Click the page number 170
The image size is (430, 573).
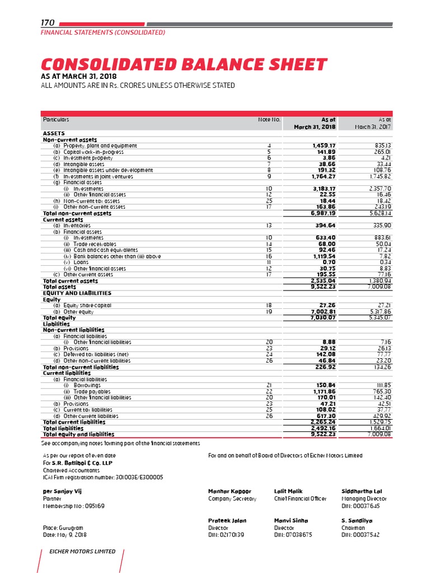tap(47, 23)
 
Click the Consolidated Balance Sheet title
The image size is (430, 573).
tap(183, 64)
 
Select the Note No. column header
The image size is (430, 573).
tap(269, 120)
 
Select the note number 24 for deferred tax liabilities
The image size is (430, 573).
tap(269, 355)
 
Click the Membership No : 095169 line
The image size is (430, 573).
tap(73, 506)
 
